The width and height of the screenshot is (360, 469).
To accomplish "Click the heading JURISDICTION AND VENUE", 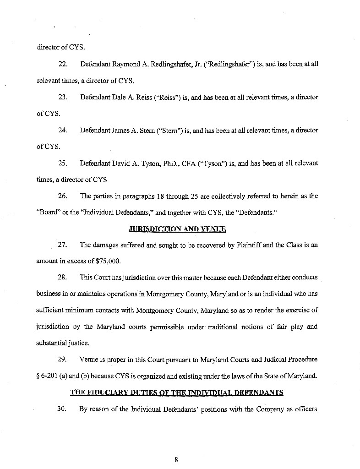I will (x=177, y=229).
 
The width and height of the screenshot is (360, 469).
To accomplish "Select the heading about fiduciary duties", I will (x=176, y=392).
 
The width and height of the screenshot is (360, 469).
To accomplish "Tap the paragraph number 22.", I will (x=64, y=64).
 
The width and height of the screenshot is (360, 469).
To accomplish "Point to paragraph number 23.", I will (x=64, y=97).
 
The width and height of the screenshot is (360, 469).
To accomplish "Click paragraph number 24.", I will (x=64, y=131).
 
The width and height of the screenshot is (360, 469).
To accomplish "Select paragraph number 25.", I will (x=64, y=164).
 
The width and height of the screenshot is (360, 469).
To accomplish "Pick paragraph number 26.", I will (x=64, y=196).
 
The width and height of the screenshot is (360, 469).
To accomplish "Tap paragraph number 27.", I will (x=64, y=245).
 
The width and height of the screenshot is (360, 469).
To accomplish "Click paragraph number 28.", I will (x=64, y=278).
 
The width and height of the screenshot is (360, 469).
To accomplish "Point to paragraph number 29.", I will (x=64, y=360).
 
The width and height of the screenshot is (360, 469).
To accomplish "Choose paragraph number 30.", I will (x=64, y=409).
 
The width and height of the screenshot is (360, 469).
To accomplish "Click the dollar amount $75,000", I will (x=109, y=261).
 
